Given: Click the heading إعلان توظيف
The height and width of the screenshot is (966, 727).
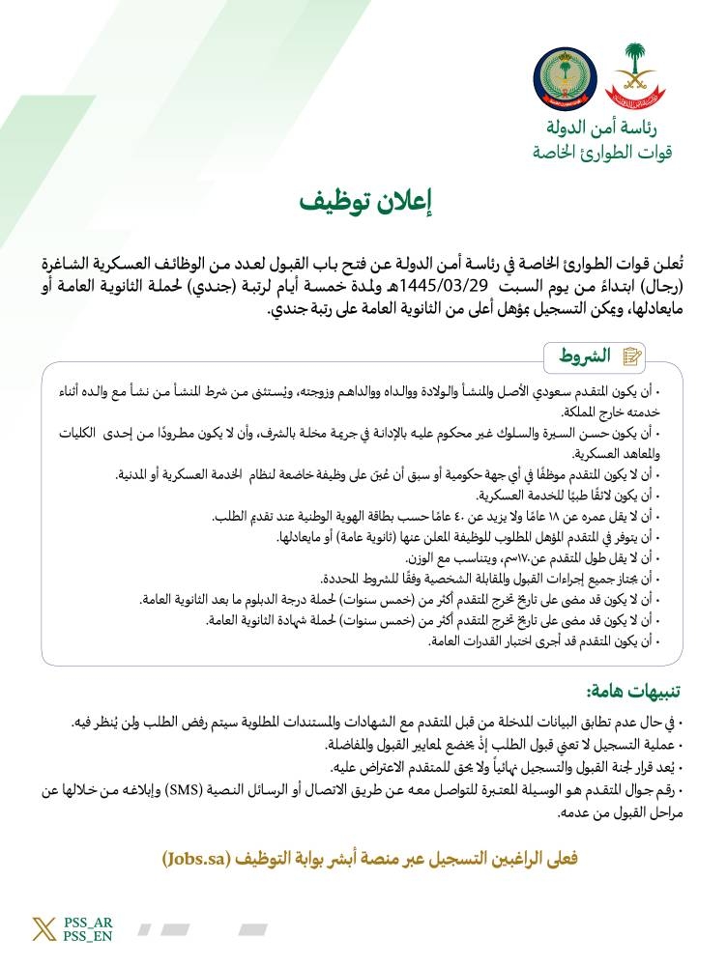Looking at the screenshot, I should coord(363,202).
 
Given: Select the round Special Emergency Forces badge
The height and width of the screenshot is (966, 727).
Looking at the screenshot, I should coord(565,76).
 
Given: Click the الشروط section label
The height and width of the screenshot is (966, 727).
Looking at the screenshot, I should coord(585,355).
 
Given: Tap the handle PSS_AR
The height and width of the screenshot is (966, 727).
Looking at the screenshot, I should coord(87,923).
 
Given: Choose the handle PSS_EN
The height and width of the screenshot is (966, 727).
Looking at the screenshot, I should coord(87,937).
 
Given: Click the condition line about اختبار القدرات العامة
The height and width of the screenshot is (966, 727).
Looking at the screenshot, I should coord(561,640).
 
